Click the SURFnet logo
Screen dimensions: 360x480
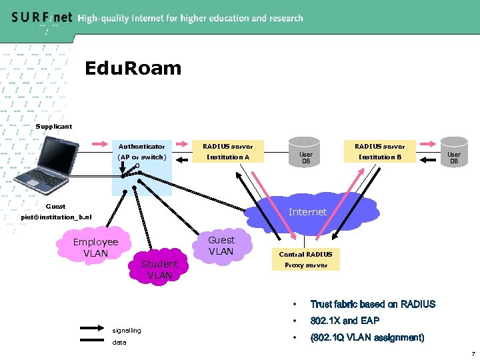pyautogui.click(x=41, y=18)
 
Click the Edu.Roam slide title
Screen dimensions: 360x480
pyautogui.click(x=133, y=68)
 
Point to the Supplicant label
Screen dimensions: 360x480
pyautogui.click(x=54, y=126)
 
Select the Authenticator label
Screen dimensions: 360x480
pyautogui.click(x=141, y=146)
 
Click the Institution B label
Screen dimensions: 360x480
pyautogui.click(x=379, y=157)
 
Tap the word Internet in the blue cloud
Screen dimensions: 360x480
pyautogui.click(x=307, y=212)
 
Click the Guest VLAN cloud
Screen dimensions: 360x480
pyautogui.click(x=221, y=245)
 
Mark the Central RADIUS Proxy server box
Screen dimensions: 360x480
pyautogui.click(x=305, y=259)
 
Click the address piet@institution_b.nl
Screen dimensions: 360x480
pyautogui.click(x=56, y=217)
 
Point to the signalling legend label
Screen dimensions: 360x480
pyautogui.click(x=127, y=330)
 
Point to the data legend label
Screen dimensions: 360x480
pyautogui.click(x=120, y=343)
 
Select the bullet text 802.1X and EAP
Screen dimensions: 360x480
pyautogui.click(x=345, y=321)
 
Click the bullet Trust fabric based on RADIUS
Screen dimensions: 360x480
pyautogui.click(x=373, y=305)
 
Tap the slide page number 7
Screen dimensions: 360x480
pyautogui.click(x=471, y=353)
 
